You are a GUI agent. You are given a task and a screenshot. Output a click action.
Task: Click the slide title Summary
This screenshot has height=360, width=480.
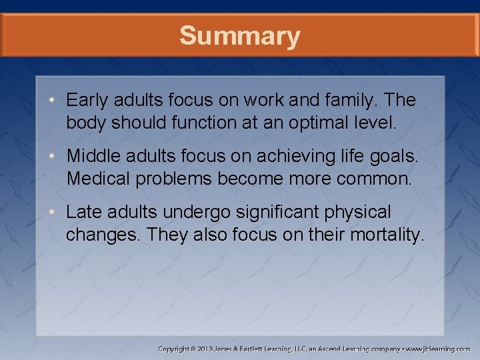239,36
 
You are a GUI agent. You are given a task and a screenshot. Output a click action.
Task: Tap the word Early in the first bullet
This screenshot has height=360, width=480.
85,101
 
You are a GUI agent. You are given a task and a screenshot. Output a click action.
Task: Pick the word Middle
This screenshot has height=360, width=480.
91,157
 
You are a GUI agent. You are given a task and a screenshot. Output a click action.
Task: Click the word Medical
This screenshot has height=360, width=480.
95,179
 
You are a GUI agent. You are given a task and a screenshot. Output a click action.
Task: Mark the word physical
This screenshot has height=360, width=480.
361,213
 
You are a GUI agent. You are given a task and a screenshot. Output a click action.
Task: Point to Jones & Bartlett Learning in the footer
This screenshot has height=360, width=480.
263,349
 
